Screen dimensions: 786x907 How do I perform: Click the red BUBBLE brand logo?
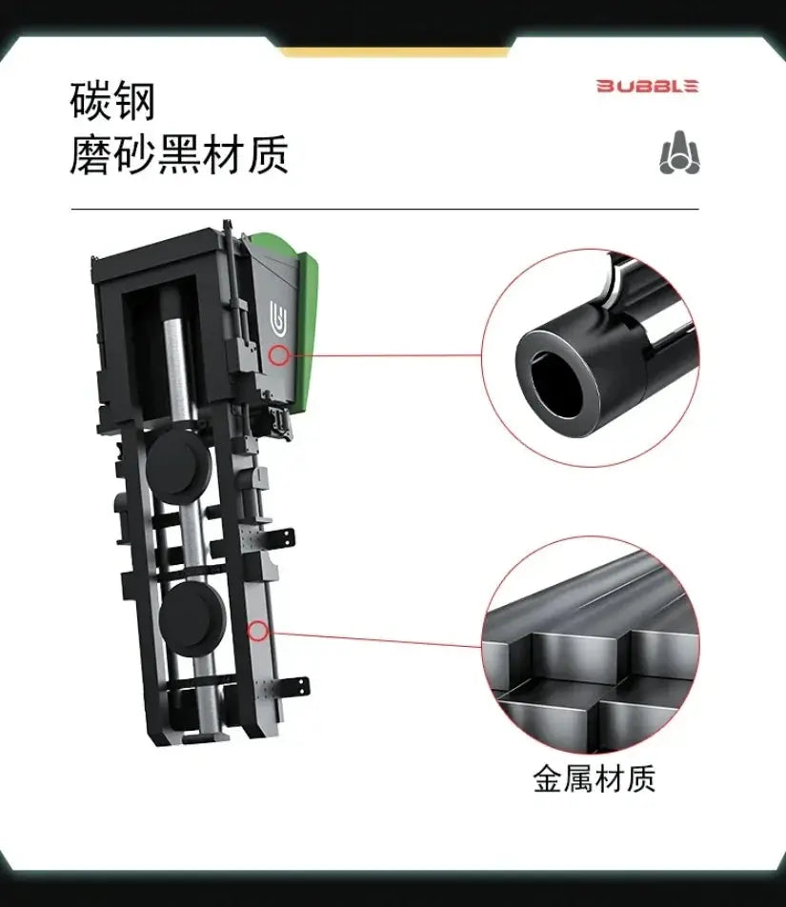pyautogui.click(x=647, y=86)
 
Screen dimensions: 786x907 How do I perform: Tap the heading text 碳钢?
pyautogui.click(x=112, y=101)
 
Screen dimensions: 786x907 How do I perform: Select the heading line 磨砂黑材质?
pyautogui.click(x=179, y=155)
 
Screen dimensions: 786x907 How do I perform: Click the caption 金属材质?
pyautogui.click(x=594, y=778)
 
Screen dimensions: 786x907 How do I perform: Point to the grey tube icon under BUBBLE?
pyautogui.click(x=679, y=152)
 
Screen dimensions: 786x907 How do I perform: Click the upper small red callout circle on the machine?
pyautogui.click(x=279, y=354)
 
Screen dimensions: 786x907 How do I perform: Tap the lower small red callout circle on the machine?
pyautogui.click(x=258, y=631)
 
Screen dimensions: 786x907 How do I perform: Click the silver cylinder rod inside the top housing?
pyautogui.click(x=176, y=371)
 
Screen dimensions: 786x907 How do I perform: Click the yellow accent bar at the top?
pyautogui.click(x=396, y=52)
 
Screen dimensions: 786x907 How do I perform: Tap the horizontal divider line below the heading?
pyautogui.click(x=385, y=209)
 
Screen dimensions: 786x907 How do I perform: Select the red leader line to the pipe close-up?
pyautogui.click(x=385, y=354)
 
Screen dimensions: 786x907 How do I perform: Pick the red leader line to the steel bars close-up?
pyautogui.click(x=374, y=638)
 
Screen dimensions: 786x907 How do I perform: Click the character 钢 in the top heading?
pyautogui.click(x=135, y=101)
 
